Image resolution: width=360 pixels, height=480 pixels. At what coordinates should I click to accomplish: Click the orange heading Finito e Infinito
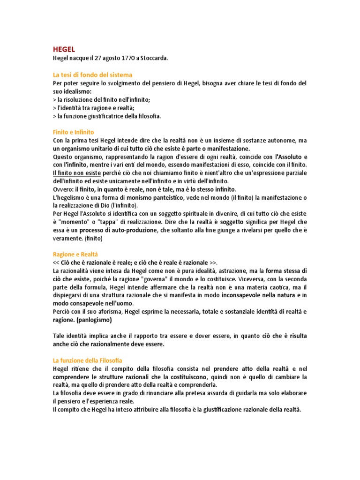click(x=73, y=133)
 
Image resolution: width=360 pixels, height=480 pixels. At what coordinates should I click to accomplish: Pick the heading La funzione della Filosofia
click(x=87, y=360)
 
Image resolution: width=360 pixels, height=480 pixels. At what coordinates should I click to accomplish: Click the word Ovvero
click(x=63, y=189)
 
